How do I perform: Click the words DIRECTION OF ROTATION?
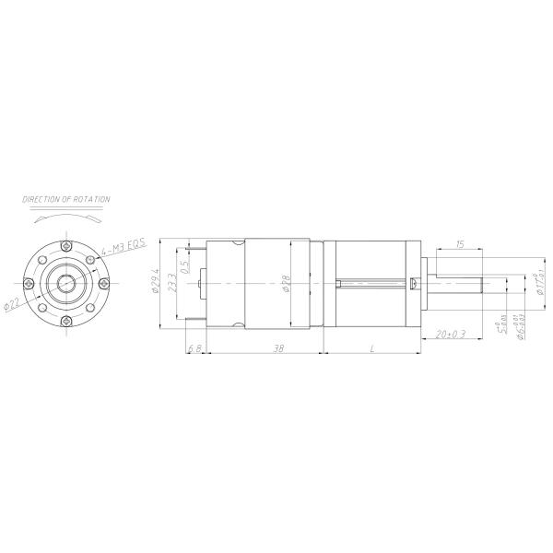coord(66,199)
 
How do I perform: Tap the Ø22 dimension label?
coord(16,303)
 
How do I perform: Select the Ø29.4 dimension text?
coord(157,281)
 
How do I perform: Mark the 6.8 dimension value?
coord(194,347)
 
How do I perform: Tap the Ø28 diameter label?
coord(287,284)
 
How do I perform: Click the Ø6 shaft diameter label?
coord(522,327)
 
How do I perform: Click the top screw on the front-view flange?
coord(66,246)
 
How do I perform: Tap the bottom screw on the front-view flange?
coord(66,320)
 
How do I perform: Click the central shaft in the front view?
coord(66,283)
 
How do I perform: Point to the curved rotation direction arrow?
coord(66,216)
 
